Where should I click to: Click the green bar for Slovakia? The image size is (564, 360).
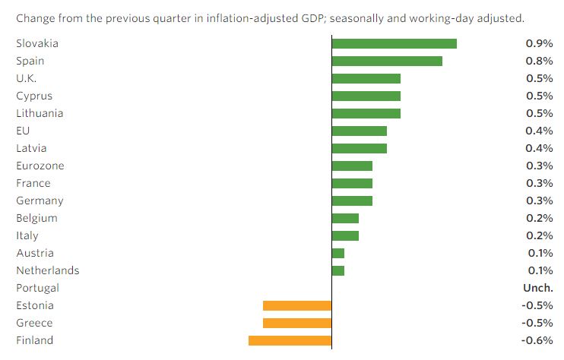point(394,43)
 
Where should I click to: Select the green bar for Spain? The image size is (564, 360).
point(387,61)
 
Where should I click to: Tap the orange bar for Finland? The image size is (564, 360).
point(290,340)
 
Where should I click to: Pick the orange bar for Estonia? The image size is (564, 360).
point(297,305)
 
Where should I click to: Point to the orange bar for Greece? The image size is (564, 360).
point(297,323)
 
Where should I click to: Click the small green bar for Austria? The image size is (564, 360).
point(338,253)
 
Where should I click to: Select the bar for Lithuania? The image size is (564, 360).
point(366,113)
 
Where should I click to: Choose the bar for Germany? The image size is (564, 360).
point(352,201)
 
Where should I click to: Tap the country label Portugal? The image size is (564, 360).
point(37,288)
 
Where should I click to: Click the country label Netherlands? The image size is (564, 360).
point(47,270)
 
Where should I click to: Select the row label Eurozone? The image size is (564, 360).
point(40,166)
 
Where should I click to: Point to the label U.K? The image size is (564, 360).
point(26,78)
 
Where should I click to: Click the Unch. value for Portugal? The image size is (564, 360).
point(537,288)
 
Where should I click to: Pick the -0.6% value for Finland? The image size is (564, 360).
point(537,340)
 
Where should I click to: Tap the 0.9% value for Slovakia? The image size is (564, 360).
point(539,43)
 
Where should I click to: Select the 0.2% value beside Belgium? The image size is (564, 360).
point(539,218)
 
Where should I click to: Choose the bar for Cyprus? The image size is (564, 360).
point(366,96)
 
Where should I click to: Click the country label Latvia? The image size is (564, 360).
point(30,148)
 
